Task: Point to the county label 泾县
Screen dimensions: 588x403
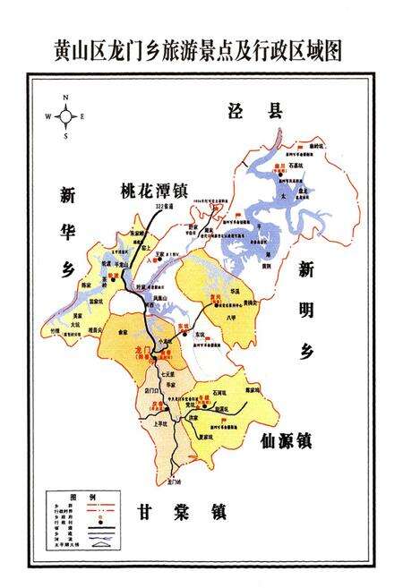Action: pyautogui.click(x=253, y=111)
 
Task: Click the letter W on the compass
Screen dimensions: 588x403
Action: pyautogui.click(x=48, y=116)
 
